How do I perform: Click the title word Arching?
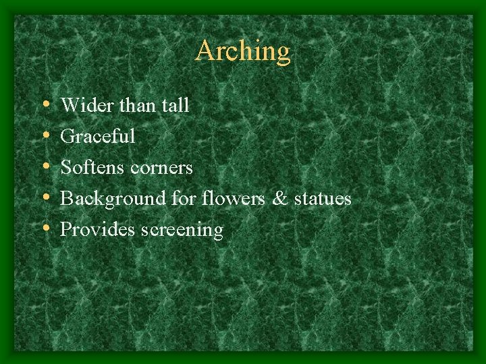[243, 52]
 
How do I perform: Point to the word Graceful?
[98, 137]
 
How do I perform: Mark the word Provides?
[98, 230]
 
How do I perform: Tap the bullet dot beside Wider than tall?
[45, 106]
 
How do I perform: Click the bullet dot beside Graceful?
[45, 137]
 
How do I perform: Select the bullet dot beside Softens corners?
[45, 168]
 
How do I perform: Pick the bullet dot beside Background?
[45, 199]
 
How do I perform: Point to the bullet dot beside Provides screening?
[45, 230]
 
